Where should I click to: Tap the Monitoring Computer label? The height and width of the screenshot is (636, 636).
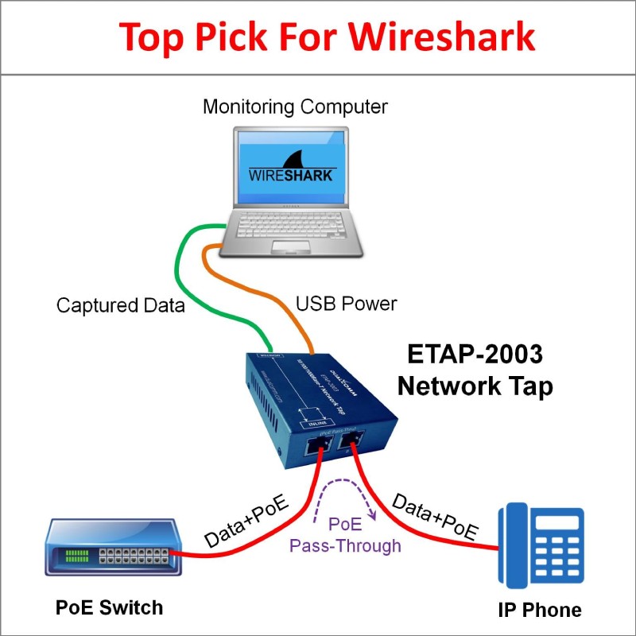(x=295, y=107)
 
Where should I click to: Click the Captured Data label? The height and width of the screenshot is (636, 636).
(x=120, y=305)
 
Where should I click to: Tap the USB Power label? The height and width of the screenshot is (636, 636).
(x=346, y=304)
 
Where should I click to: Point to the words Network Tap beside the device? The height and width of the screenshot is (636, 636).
(x=475, y=386)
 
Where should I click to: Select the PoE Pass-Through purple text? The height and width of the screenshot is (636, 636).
(x=345, y=536)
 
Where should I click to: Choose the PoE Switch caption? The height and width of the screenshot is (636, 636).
(x=109, y=607)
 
